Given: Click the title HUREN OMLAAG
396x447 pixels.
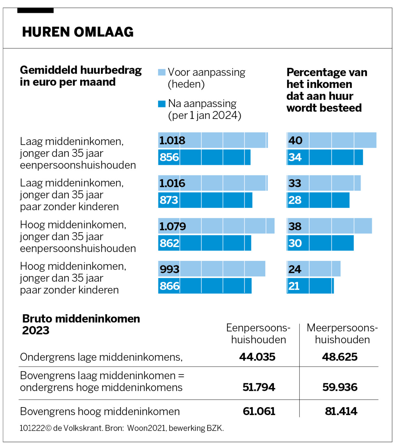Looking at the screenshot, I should pyautogui.click(x=78, y=32).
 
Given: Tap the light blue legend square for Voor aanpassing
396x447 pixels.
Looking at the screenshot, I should pyautogui.click(x=162, y=72).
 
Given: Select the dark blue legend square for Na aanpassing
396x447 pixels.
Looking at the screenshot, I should pyautogui.click(x=162, y=104).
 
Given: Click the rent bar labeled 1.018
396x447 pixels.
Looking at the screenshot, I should pyautogui.click(x=213, y=140).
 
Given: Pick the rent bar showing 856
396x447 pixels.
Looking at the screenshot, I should pyautogui.click(x=204, y=157).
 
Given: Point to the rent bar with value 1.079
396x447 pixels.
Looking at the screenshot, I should pyautogui.click(x=216, y=226).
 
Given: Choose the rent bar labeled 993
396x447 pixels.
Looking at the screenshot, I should pyautogui.click(x=211, y=269).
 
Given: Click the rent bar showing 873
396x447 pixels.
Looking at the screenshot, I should pyautogui.click(x=205, y=200).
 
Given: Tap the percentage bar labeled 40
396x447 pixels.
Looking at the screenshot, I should pyautogui.click(x=331, y=140).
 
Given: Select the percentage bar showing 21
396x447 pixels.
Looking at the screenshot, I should pyautogui.click(x=310, y=286).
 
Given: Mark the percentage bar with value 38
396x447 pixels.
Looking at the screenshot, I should pyautogui.click(x=329, y=226).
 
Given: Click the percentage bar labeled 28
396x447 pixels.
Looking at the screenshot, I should pyautogui.click(x=318, y=200).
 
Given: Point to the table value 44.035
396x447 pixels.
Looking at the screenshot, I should pyautogui.click(x=257, y=357).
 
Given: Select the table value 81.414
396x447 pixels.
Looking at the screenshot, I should pyautogui.click(x=341, y=411).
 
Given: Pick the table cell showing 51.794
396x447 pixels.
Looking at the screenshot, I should pyautogui.click(x=259, y=387).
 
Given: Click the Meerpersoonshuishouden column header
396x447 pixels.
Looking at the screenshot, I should pyautogui.click(x=342, y=333).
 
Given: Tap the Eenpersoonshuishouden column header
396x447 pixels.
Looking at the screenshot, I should pyautogui.click(x=258, y=333).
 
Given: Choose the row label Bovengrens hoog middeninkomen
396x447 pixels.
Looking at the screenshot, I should pyautogui.click(x=100, y=411).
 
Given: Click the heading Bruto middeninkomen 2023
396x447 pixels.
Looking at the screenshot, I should pyautogui.click(x=81, y=324).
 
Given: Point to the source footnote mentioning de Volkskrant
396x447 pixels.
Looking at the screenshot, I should pyautogui.click(x=122, y=428).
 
